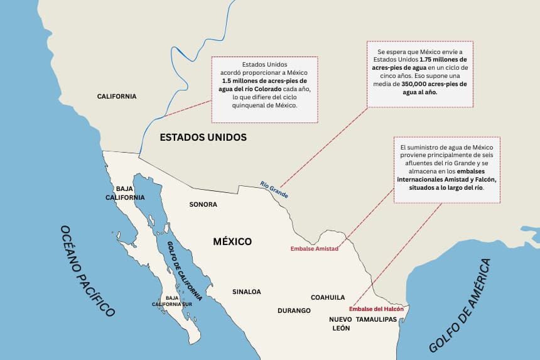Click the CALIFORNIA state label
116,96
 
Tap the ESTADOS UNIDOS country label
203,137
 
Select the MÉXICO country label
232,241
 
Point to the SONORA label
203,204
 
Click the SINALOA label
246,292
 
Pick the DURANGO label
294,310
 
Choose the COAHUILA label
328,297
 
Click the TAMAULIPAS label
377,319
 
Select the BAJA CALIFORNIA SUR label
171,301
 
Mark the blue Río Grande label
274,190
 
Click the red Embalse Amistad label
314,249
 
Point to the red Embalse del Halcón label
376,309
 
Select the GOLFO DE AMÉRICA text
460,305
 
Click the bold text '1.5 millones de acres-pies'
264,81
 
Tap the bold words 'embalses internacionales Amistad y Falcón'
446,175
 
